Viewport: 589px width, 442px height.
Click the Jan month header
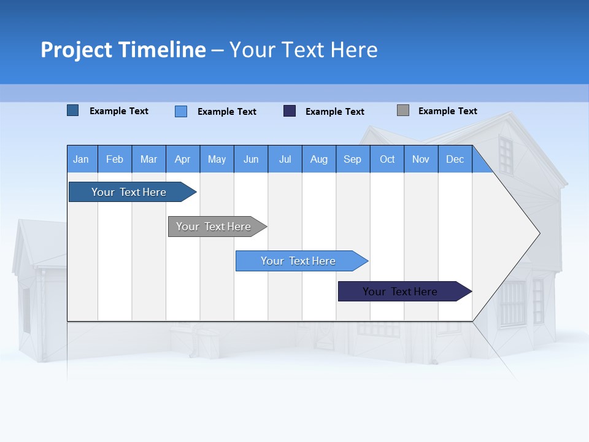pyautogui.click(x=81, y=160)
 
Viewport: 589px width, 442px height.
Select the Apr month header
pyautogui.click(x=182, y=160)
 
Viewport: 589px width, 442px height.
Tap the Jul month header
pyautogui.click(x=285, y=160)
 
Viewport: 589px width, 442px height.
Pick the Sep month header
pyautogui.click(x=352, y=160)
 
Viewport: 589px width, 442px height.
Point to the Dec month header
pyautogui.click(x=455, y=160)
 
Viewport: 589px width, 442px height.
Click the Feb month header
pyautogui.click(x=115, y=160)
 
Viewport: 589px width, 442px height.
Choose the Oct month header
pyautogui.click(x=387, y=160)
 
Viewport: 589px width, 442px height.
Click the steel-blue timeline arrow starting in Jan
pyautogui.click(x=129, y=192)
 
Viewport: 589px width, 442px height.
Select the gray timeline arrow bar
pyautogui.click(x=214, y=227)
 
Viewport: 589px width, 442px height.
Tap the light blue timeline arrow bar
pyautogui.click(x=298, y=261)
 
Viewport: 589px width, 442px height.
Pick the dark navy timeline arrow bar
pyautogui.click(x=400, y=292)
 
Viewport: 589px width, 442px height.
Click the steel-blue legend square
pyautogui.click(x=73, y=110)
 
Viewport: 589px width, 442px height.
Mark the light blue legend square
pyautogui.click(x=181, y=111)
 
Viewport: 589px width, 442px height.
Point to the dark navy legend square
pyautogui.click(x=290, y=111)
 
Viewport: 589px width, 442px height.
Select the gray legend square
pyautogui.click(x=403, y=110)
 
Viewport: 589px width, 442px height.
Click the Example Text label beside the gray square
pyautogui.click(x=447, y=111)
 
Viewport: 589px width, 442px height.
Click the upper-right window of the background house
pyautogui.click(x=505, y=155)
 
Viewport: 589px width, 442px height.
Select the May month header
pyautogui.click(x=217, y=160)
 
